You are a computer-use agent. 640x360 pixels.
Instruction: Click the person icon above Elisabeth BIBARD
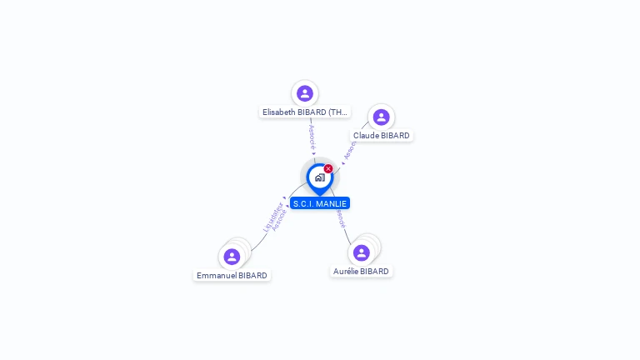coord(305,93)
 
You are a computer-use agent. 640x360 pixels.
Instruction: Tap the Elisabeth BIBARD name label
coord(304,112)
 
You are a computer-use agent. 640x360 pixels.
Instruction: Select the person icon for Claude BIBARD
coord(381,117)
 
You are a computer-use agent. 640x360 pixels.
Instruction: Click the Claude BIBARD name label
coord(382,135)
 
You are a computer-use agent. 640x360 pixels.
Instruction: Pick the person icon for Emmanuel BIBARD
coord(232,257)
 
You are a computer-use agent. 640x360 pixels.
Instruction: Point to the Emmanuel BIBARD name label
coord(232,275)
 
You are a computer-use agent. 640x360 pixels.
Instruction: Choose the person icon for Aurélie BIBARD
coord(361,252)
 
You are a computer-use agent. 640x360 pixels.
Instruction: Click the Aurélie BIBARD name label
coord(361,271)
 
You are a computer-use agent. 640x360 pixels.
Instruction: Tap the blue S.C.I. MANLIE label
coord(320,203)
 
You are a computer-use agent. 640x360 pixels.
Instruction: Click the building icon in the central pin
coord(319,177)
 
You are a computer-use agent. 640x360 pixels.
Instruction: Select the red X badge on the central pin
coord(328,169)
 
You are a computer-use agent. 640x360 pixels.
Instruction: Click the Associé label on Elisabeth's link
coord(312,136)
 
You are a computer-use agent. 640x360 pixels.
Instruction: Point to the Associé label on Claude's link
coord(350,150)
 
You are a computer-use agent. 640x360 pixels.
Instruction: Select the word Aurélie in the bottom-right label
coord(346,271)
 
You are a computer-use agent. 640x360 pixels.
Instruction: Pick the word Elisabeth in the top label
coord(279,112)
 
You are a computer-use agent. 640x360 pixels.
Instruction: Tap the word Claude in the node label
coord(366,135)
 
